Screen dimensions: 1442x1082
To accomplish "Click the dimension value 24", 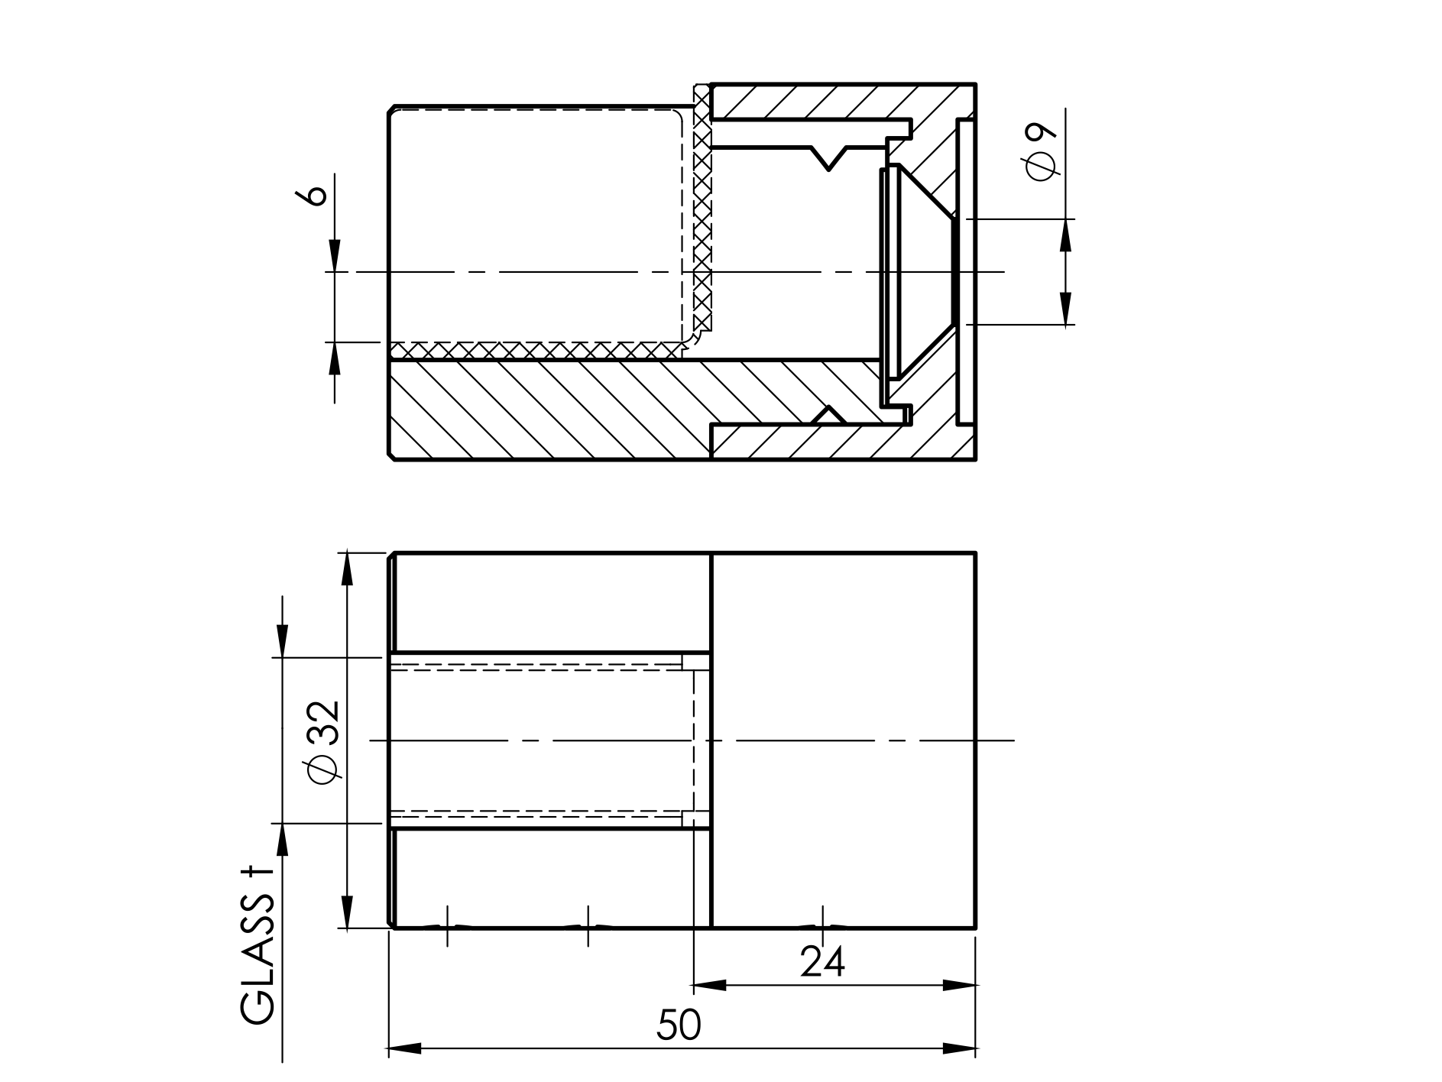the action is (x=822, y=962).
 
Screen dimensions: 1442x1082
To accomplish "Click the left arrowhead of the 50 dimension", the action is (x=405, y=1048).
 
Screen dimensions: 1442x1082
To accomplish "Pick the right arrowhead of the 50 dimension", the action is (x=960, y=1048).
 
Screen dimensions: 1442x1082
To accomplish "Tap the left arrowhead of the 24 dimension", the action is (x=709, y=986).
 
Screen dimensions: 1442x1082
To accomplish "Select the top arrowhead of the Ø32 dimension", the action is (x=348, y=569).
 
